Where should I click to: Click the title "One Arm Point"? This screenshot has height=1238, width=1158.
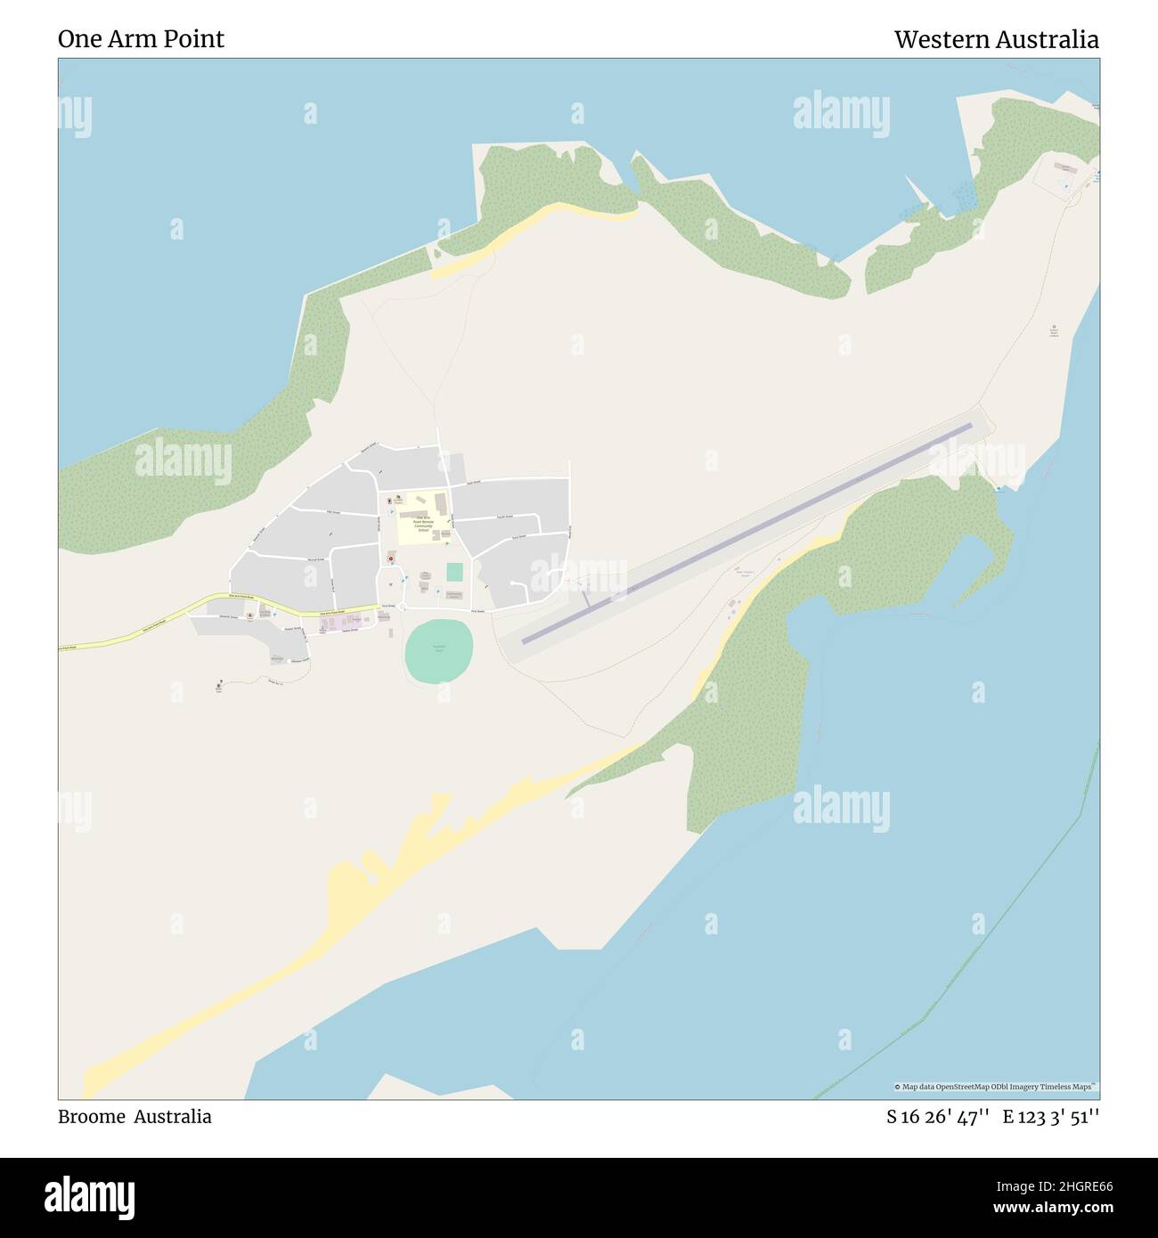point(141,39)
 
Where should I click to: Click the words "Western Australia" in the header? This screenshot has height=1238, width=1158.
point(996,39)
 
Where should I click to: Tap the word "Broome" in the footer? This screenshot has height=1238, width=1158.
point(90,1117)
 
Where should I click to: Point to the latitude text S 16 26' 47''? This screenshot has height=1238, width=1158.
point(937,1117)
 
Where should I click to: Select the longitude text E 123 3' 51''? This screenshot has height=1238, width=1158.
point(1050,1117)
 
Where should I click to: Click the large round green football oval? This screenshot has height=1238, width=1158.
point(438,651)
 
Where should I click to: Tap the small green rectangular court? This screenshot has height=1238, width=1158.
point(454,571)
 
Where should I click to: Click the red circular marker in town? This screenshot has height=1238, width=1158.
point(390,558)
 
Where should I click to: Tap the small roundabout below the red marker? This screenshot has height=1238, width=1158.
point(402,607)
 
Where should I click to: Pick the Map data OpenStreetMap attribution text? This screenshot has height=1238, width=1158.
point(996,1087)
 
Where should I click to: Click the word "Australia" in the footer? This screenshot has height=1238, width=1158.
point(173,1117)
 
